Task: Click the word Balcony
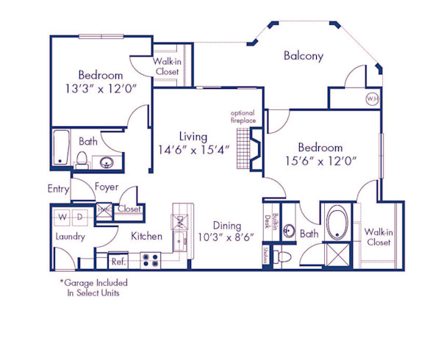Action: click(x=304, y=56)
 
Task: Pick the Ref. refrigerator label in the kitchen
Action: click(x=118, y=260)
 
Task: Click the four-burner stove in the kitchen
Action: click(x=151, y=259)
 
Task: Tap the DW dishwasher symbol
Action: click(x=179, y=220)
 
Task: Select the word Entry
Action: click(x=58, y=189)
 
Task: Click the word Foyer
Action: click(x=107, y=187)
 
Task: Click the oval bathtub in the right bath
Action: click(x=337, y=223)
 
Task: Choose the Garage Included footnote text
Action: click(x=93, y=287)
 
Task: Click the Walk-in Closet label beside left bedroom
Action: click(x=167, y=67)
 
